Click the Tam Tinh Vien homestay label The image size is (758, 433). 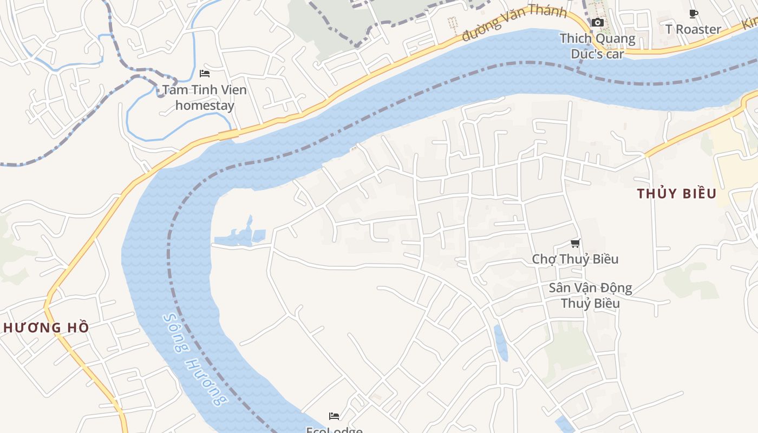[205, 97]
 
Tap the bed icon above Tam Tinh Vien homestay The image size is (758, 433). [205, 73]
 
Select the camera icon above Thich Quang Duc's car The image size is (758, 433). [598, 22]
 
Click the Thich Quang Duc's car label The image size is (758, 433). [598, 46]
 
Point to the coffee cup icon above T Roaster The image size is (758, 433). [694, 14]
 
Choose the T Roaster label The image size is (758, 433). [694, 29]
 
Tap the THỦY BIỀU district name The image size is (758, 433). [677, 194]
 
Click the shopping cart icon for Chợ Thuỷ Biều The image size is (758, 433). [576, 244]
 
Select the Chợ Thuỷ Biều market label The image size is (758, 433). [575, 259]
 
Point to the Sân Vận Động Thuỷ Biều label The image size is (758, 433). [590, 295]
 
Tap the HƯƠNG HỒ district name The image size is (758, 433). [46, 327]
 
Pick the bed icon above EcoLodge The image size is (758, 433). [334, 416]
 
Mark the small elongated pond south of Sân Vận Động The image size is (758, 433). [501, 343]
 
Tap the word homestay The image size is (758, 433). [205, 105]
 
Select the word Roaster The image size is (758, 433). [701, 29]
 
